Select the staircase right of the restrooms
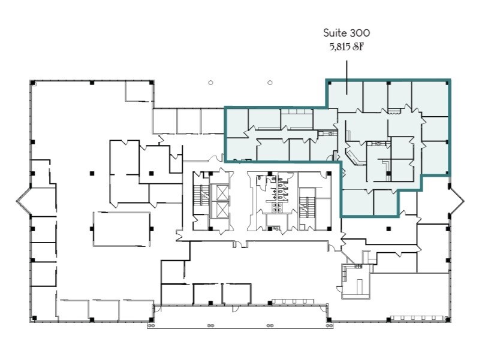pos(308,204)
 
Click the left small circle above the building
pos(210,83)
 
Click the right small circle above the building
pos(270,83)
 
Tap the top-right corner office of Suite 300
pos(430,94)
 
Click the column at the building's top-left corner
pos(32,82)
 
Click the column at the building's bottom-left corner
pos(33,317)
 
